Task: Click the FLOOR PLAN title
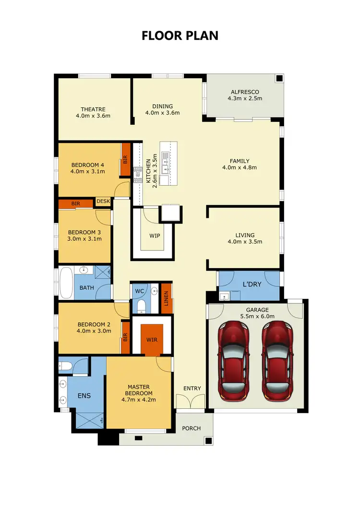pyautogui.click(x=180, y=36)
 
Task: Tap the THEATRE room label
pyautogui.click(x=93, y=109)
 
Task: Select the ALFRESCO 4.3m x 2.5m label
pyautogui.click(x=245, y=95)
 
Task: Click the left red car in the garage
pyautogui.click(x=234, y=360)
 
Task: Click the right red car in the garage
pyautogui.click(x=278, y=360)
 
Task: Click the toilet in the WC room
pyautogui.click(x=141, y=305)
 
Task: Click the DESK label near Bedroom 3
pyautogui.click(x=103, y=201)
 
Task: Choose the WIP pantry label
pyautogui.click(x=154, y=236)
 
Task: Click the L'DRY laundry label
pyautogui.click(x=252, y=284)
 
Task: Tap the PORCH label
pyautogui.click(x=191, y=428)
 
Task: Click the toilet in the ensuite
pyautogui.click(x=66, y=367)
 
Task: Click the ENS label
pyautogui.click(x=84, y=396)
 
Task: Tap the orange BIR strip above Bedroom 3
pyautogui.click(x=76, y=204)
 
